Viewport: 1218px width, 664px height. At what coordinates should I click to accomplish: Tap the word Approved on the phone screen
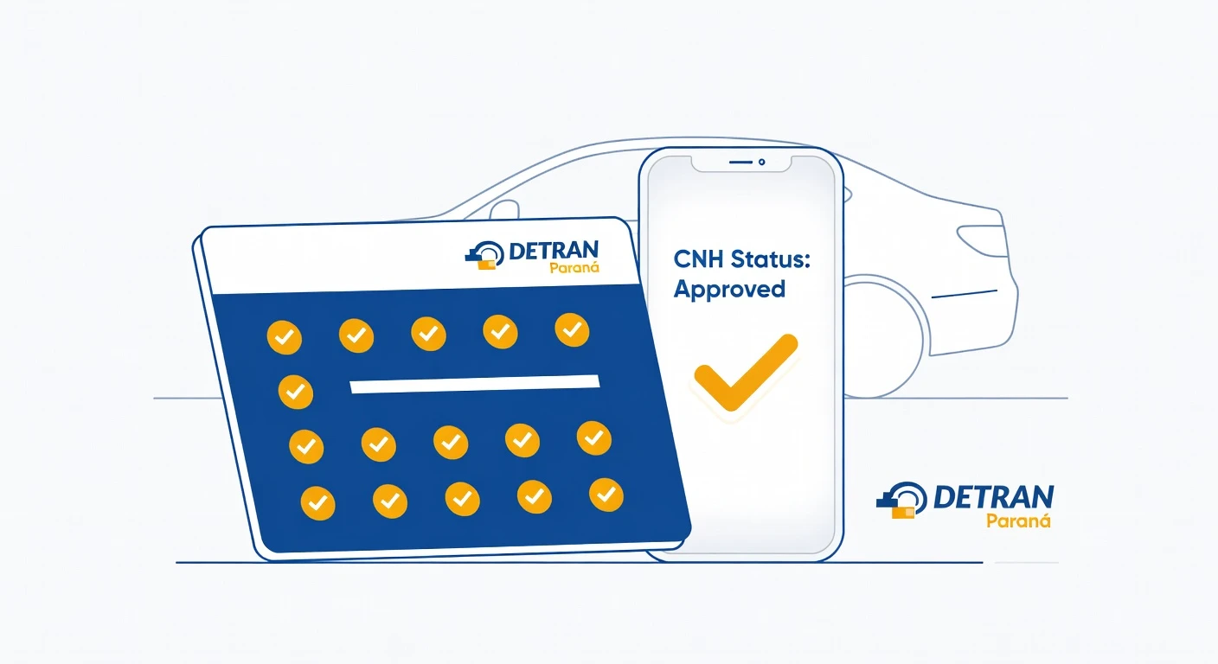pyautogui.click(x=729, y=289)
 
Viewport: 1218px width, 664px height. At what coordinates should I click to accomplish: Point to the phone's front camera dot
pyautogui.click(x=761, y=162)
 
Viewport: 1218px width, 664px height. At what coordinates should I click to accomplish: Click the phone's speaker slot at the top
pyautogui.click(x=740, y=162)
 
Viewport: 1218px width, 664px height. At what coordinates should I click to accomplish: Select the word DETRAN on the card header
pyautogui.click(x=553, y=250)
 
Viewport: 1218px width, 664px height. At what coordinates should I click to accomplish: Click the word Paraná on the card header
pyautogui.click(x=574, y=268)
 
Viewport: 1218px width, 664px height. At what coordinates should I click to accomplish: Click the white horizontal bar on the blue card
pyautogui.click(x=474, y=384)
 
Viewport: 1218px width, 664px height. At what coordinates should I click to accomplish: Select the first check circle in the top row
pyautogui.click(x=285, y=337)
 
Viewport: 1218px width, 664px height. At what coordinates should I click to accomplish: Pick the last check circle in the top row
pyautogui.click(x=572, y=329)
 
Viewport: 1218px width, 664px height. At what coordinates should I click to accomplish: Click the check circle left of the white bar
pyautogui.click(x=296, y=392)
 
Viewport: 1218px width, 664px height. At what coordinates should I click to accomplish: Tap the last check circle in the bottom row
pyautogui.click(x=606, y=494)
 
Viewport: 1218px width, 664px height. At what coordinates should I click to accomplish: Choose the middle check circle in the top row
pyautogui.click(x=428, y=333)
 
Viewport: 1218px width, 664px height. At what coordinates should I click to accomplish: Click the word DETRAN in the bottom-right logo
pyautogui.click(x=994, y=497)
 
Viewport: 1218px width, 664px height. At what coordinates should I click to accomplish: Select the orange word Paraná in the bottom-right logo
pyautogui.click(x=1018, y=520)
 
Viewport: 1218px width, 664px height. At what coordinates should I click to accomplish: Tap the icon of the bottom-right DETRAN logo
pyautogui.click(x=897, y=501)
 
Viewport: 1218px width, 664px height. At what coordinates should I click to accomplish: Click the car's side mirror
pyautogui.click(x=504, y=210)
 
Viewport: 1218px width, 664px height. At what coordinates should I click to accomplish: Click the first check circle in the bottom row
pyautogui.click(x=318, y=502)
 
